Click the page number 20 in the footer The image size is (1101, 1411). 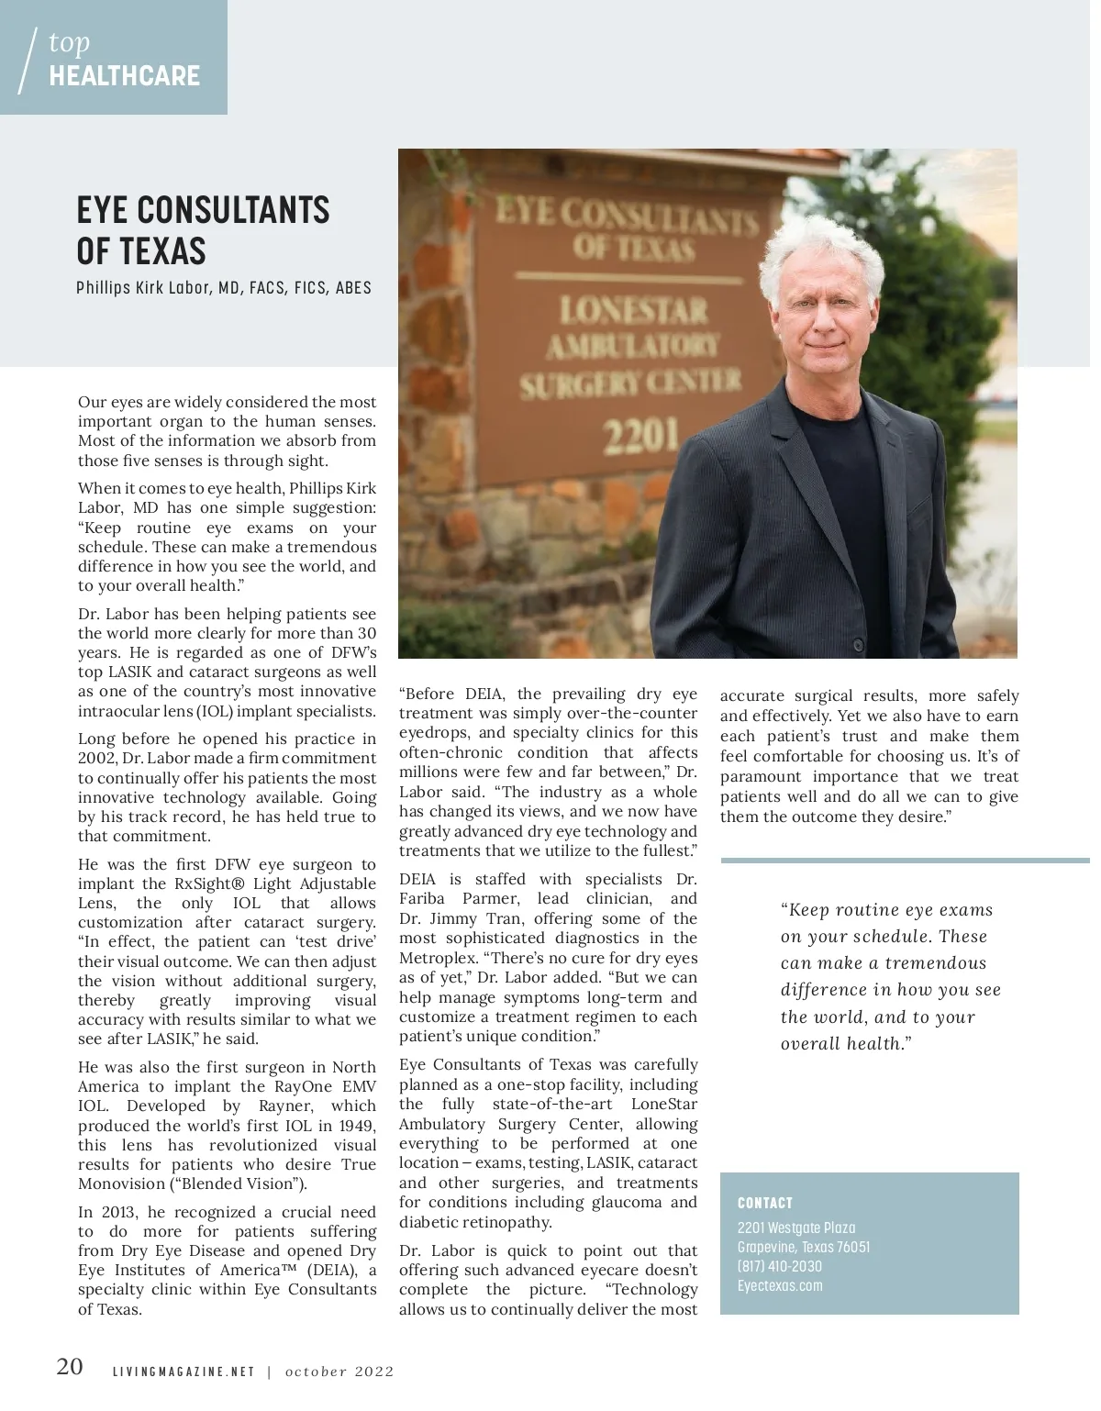click(x=70, y=1367)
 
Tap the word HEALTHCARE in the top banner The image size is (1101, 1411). click(x=124, y=75)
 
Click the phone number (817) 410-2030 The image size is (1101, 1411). click(x=779, y=1266)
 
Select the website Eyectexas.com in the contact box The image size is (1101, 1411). click(x=780, y=1285)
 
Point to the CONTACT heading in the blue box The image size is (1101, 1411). click(x=764, y=1203)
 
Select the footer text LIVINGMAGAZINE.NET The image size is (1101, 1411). click(x=183, y=1372)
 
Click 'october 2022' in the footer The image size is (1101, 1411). click(x=339, y=1372)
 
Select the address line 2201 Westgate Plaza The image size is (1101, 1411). click(x=796, y=1228)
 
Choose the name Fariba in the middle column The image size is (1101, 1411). click(x=423, y=899)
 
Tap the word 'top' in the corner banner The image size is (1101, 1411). click(x=69, y=42)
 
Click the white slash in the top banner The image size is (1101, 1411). click(x=28, y=61)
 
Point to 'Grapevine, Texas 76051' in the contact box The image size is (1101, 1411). click(x=804, y=1247)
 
